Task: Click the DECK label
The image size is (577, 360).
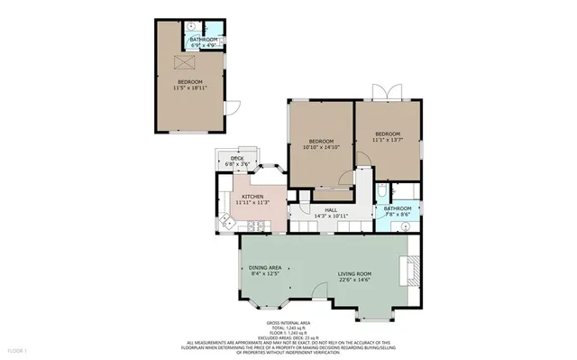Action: (237, 159)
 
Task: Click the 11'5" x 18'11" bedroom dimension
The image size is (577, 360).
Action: (190, 88)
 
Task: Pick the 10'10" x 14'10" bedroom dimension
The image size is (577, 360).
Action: (322, 147)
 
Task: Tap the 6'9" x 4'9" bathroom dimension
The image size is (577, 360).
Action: (202, 45)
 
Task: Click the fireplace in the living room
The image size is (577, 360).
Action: (413, 270)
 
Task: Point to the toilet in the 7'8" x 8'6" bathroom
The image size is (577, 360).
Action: (383, 191)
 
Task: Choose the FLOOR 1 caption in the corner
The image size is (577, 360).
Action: (18, 349)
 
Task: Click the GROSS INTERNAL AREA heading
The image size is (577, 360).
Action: (288, 321)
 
